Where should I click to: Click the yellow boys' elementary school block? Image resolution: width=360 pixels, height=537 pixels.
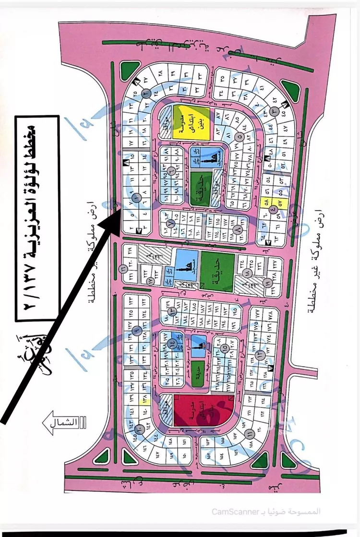coord(191,123)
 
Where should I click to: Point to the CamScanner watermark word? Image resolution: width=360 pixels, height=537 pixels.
coord(232,512)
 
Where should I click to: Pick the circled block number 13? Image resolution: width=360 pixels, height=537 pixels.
coord(259,355)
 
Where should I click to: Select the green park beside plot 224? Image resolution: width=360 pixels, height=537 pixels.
coord(217,270)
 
